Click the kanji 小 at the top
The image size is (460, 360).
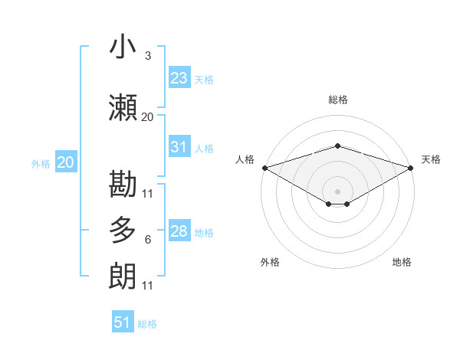(x=123, y=47)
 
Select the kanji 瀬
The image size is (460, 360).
(x=123, y=108)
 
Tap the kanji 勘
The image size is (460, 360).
(x=123, y=184)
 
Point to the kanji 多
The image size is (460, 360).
(x=123, y=231)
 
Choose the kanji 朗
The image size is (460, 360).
(x=123, y=277)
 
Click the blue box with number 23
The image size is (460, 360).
(x=179, y=78)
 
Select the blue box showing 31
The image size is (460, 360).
(x=179, y=148)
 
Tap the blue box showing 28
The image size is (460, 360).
(x=179, y=231)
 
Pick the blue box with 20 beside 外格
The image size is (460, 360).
(x=65, y=162)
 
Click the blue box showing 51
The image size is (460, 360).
(x=123, y=322)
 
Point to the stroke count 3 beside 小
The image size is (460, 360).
(x=147, y=56)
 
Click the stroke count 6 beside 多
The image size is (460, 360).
(x=147, y=240)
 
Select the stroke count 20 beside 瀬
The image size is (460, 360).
(x=147, y=117)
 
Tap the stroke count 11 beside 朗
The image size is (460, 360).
(x=147, y=286)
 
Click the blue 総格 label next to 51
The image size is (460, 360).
(x=147, y=324)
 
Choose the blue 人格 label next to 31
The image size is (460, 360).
(x=204, y=149)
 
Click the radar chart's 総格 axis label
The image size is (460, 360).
(x=337, y=100)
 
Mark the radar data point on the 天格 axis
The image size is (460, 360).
(x=412, y=168)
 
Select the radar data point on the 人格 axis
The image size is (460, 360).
(x=264, y=168)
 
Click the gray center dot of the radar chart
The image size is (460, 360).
(x=337, y=191)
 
